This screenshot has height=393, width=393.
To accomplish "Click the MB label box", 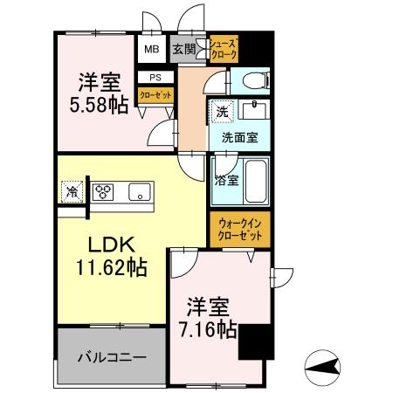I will [x=151, y=50].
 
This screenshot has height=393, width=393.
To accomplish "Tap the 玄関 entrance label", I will [x=183, y=50].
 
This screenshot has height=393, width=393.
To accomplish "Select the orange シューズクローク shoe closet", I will [x=223, y=48].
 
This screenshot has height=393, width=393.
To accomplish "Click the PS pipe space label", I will [x=155, y=77].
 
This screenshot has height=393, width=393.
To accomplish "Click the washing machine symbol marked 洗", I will [x=222, y=113].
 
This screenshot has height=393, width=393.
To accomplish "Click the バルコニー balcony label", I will [x=109, y=357].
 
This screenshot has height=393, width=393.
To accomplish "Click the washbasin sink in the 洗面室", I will [x=254, y=111].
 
